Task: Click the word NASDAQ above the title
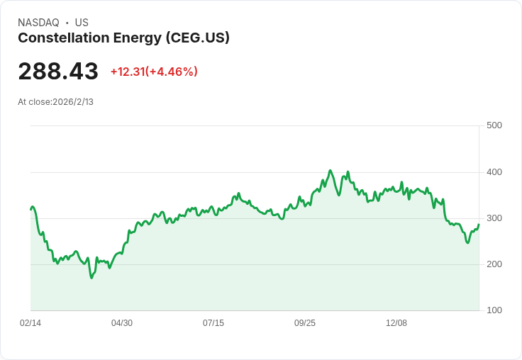click(x=38, y=23)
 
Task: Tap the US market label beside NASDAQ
click(x=82, y=23)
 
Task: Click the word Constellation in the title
click(x=64, y=38)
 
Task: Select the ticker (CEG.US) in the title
click(x=198, y=38)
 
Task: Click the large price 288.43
click(x=58, y=71)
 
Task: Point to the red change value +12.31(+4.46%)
click(x=154, y=72)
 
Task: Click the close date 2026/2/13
click(x=73, y=102)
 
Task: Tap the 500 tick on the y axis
click(x=494, y=125)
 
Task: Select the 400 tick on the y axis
click(x=494, y=172)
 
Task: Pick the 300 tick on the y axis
click(x=494, y=218)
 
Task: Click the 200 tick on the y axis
click(x=494, y=264)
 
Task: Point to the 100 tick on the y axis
click(x=494, y=310)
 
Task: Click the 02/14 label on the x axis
click(x=30, y=323)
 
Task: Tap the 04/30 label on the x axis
click(x=122, y=323)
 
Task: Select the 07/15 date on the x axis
click(x=213, y=323)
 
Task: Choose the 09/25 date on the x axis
click(x=304, y=323)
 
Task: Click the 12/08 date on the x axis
click(x=396, y=323)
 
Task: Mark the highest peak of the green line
click(x=331, y=170)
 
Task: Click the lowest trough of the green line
click(x=91, y=278)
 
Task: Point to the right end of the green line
click(x=479, y=225)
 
